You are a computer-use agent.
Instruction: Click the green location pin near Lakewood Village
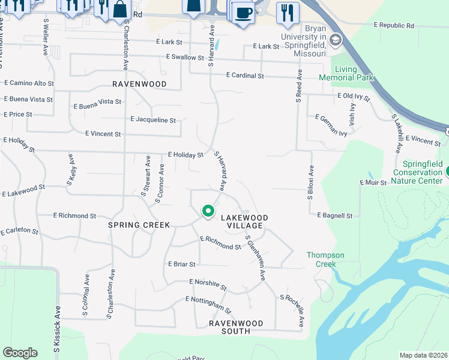coord(208,211)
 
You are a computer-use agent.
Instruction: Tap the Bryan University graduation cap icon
coord(335,40)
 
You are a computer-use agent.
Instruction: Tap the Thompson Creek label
coord(325,259)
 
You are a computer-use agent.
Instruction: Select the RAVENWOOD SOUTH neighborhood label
coord(236,327)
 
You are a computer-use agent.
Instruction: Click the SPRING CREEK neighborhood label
coord(139,224)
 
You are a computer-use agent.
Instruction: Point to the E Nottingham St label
coord(208,305)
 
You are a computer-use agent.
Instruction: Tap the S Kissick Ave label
coord(58,323)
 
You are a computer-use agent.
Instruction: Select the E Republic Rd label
coord(394,26)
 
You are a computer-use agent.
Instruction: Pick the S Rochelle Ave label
coord(292,311)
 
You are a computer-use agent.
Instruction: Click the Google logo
coord(20,353)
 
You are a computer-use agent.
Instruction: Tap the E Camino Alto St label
coord(28,83)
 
